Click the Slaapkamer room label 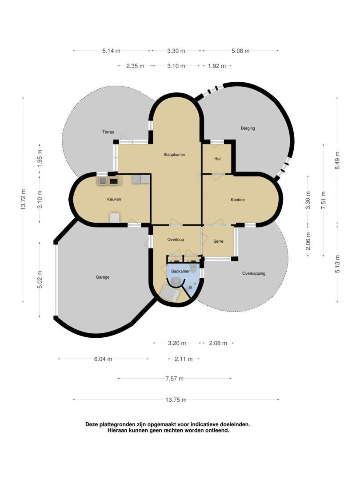coord(174,155)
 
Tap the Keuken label coord(114,199)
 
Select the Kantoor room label coord(238,200)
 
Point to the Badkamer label coord(180,271)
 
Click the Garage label coord(103,277)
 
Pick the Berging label coord(248,128)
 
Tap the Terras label coord(108,132)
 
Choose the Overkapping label coord(254,273)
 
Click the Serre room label coord(218,241)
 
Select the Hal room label coord(217,159)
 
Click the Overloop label coord(176,240)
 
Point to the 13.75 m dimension coord(176,400)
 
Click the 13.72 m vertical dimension coord(23,199)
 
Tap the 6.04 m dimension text coord(103,359)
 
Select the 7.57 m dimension coord(175,379)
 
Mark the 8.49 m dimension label coord(337,160)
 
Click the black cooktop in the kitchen coord(114,181)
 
